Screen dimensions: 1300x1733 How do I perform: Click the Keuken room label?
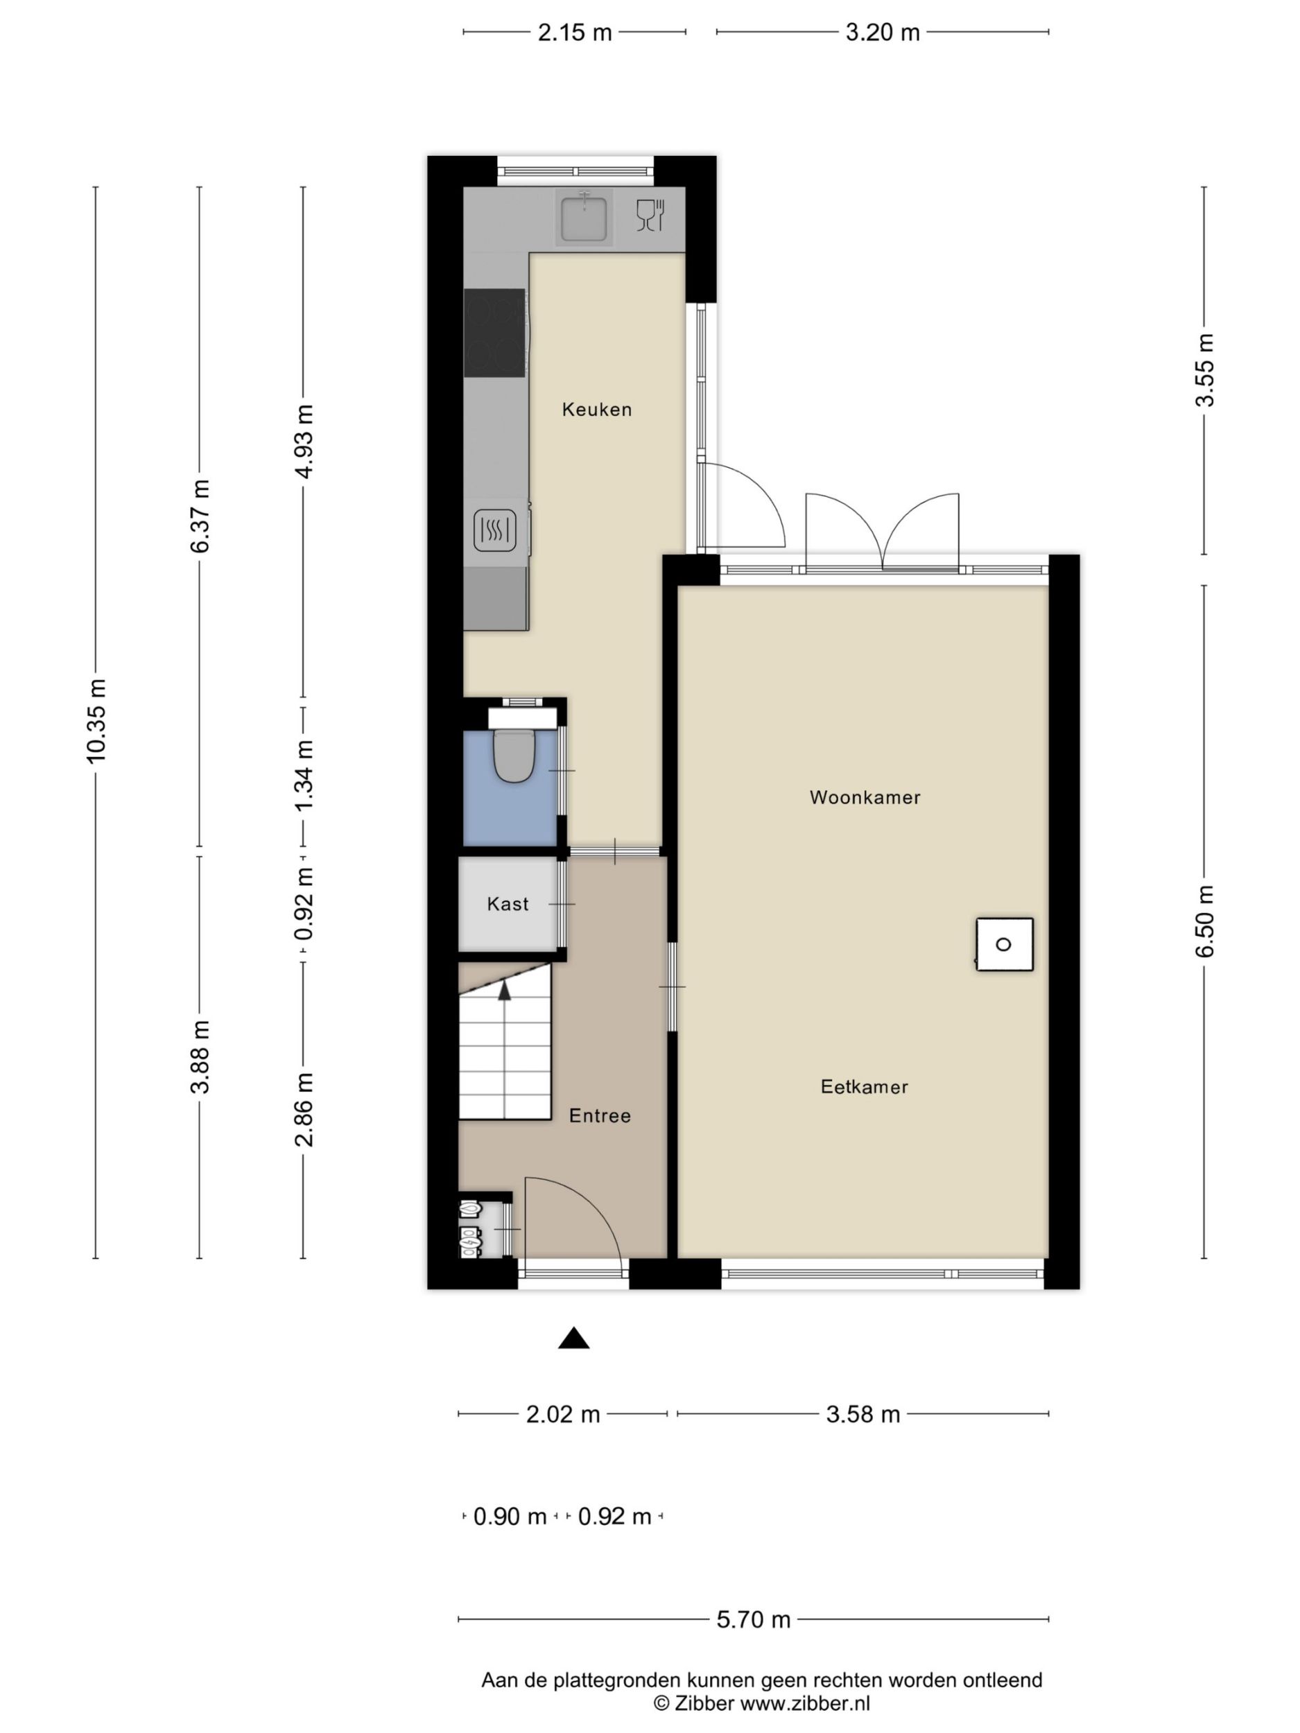coord(596,409)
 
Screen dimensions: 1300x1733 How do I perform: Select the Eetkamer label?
coord(865,1087)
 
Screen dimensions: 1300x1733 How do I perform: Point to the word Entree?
coord(600,1115)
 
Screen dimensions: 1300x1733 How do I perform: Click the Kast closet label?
coord(508,904)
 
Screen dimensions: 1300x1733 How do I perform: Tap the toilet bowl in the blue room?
coord(514,756)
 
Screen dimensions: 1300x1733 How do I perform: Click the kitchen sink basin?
coord(584,218)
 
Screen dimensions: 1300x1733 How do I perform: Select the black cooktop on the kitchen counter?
coord(494,332)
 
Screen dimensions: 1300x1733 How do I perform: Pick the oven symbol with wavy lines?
coord(495,530)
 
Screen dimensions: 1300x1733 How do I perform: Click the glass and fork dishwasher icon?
coord(650,216)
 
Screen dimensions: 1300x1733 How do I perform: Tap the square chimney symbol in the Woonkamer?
coord(1005,944)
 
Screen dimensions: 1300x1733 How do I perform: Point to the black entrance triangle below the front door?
coord(573,1337)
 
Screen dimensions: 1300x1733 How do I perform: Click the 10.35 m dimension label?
coord(96,721)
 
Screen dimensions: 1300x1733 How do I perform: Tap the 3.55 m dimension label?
coord(1204,369)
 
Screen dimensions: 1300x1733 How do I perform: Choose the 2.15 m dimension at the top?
coord(574,32)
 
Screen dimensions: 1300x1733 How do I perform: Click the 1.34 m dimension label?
coord(303,776)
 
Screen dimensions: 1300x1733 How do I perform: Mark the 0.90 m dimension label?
coord(510,1516)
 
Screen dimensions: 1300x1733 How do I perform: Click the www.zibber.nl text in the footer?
coord(805,1703)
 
